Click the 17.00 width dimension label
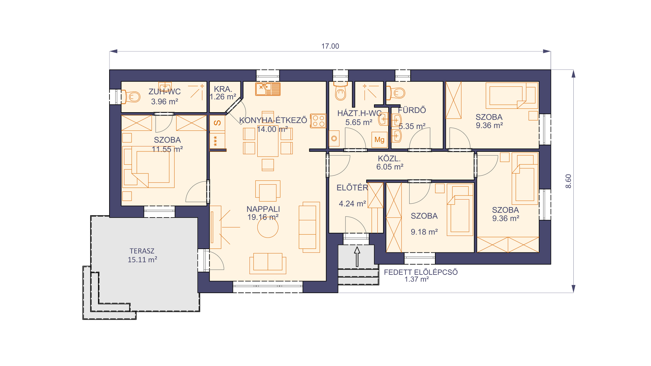coord(330,46)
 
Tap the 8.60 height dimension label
coord(568,181)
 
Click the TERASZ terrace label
coord(142,251)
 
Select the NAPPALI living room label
coord(263,209)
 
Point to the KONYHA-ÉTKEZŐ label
coord(273,120)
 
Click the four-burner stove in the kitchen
coord(318,121)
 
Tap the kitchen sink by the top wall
coord(268,89)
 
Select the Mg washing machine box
coord(379,140)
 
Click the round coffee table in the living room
coord(268,227)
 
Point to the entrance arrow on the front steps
coord(357,257)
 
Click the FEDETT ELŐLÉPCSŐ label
coord(421,272)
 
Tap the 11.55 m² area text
coord(167,149)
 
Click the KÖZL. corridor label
coord(389,159)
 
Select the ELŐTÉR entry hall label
coord(352,188)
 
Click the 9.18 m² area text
coord(424,232)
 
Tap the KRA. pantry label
coord(223,89)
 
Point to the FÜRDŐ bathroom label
coord(412,110)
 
